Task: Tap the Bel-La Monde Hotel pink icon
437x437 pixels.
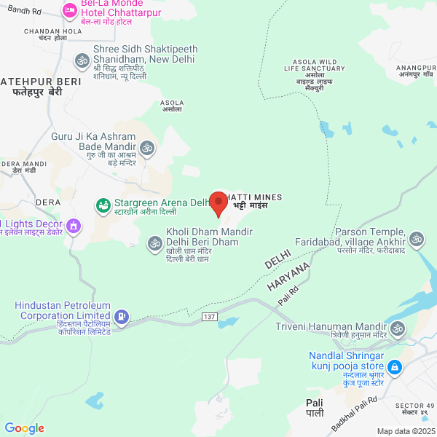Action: coord(70,9)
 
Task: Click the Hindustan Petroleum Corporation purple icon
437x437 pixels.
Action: coord(122,316)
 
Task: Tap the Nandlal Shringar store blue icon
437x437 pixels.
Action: coord(394,366)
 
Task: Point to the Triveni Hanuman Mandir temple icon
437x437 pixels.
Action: coord(398,330)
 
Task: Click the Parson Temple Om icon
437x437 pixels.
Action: coord(417,238)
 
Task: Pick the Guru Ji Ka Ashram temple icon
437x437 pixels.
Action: coord(148,148)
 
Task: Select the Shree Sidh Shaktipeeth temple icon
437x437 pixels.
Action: coord(82,60)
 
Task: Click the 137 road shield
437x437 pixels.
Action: coord(210,316)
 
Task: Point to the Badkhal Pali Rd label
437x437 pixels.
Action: coord(353,411)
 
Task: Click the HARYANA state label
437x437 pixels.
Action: coord(288,275)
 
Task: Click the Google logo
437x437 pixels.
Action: coord(24,428)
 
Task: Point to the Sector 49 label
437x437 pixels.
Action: coord(414,409)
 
